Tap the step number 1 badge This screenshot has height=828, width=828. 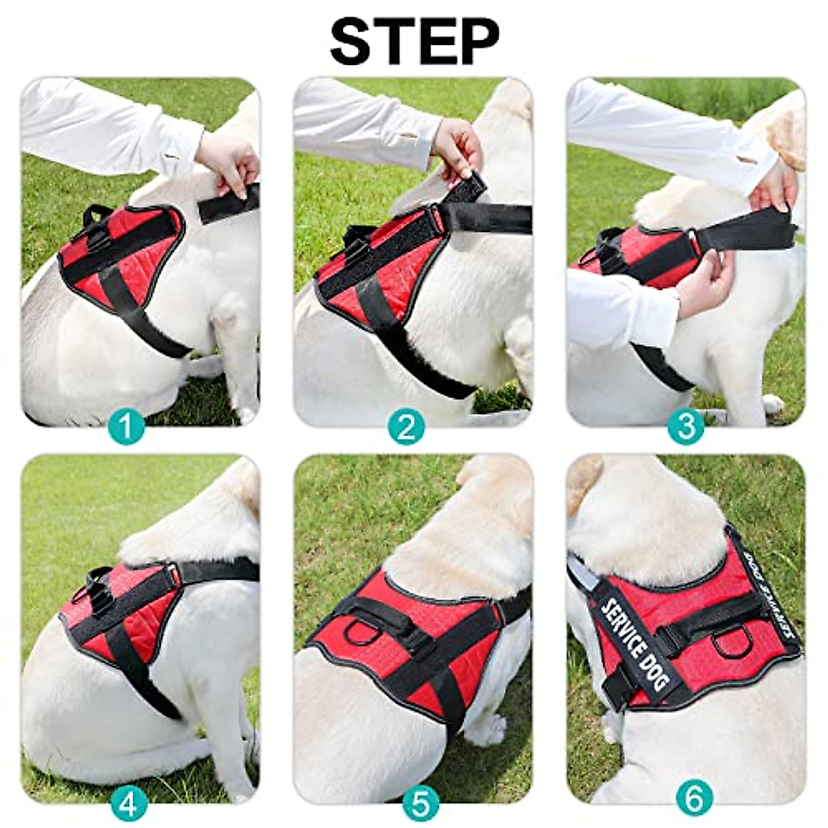[x=127, y=427]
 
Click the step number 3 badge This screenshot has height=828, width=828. [x=686, y=427]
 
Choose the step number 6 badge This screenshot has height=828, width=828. [x=694, y=800]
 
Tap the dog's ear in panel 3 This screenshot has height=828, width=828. [x=787, y=135]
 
